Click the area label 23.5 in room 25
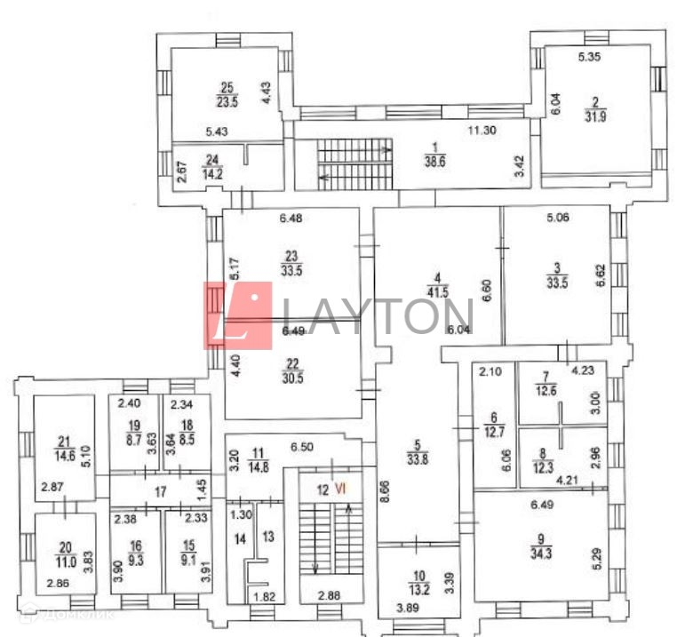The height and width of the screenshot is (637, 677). coord(227,101)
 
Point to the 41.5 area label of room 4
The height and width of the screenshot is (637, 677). coord(436,293)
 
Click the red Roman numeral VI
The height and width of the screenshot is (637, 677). coord(339,488)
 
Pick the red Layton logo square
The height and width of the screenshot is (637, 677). coord(238,315)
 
